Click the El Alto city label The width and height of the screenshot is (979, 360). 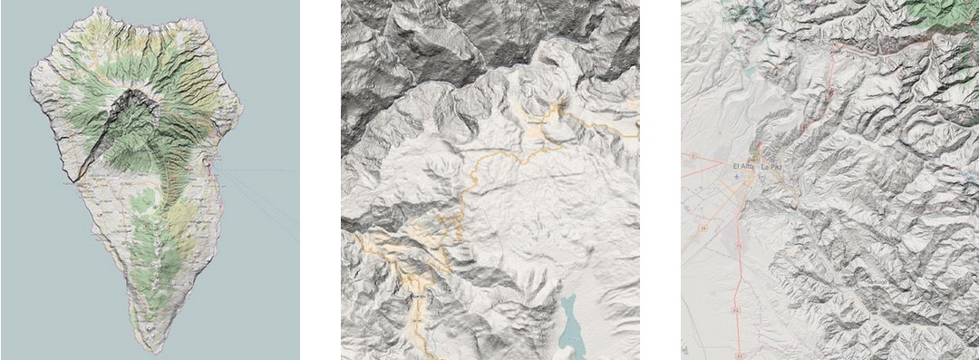pos(742,168)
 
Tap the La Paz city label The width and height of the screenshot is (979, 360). pos(772,168)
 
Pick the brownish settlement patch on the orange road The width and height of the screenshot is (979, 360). pos(562,110)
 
